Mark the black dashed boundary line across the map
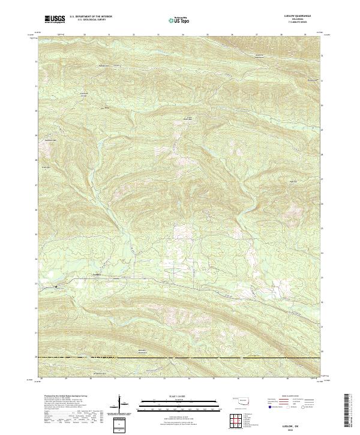180,358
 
